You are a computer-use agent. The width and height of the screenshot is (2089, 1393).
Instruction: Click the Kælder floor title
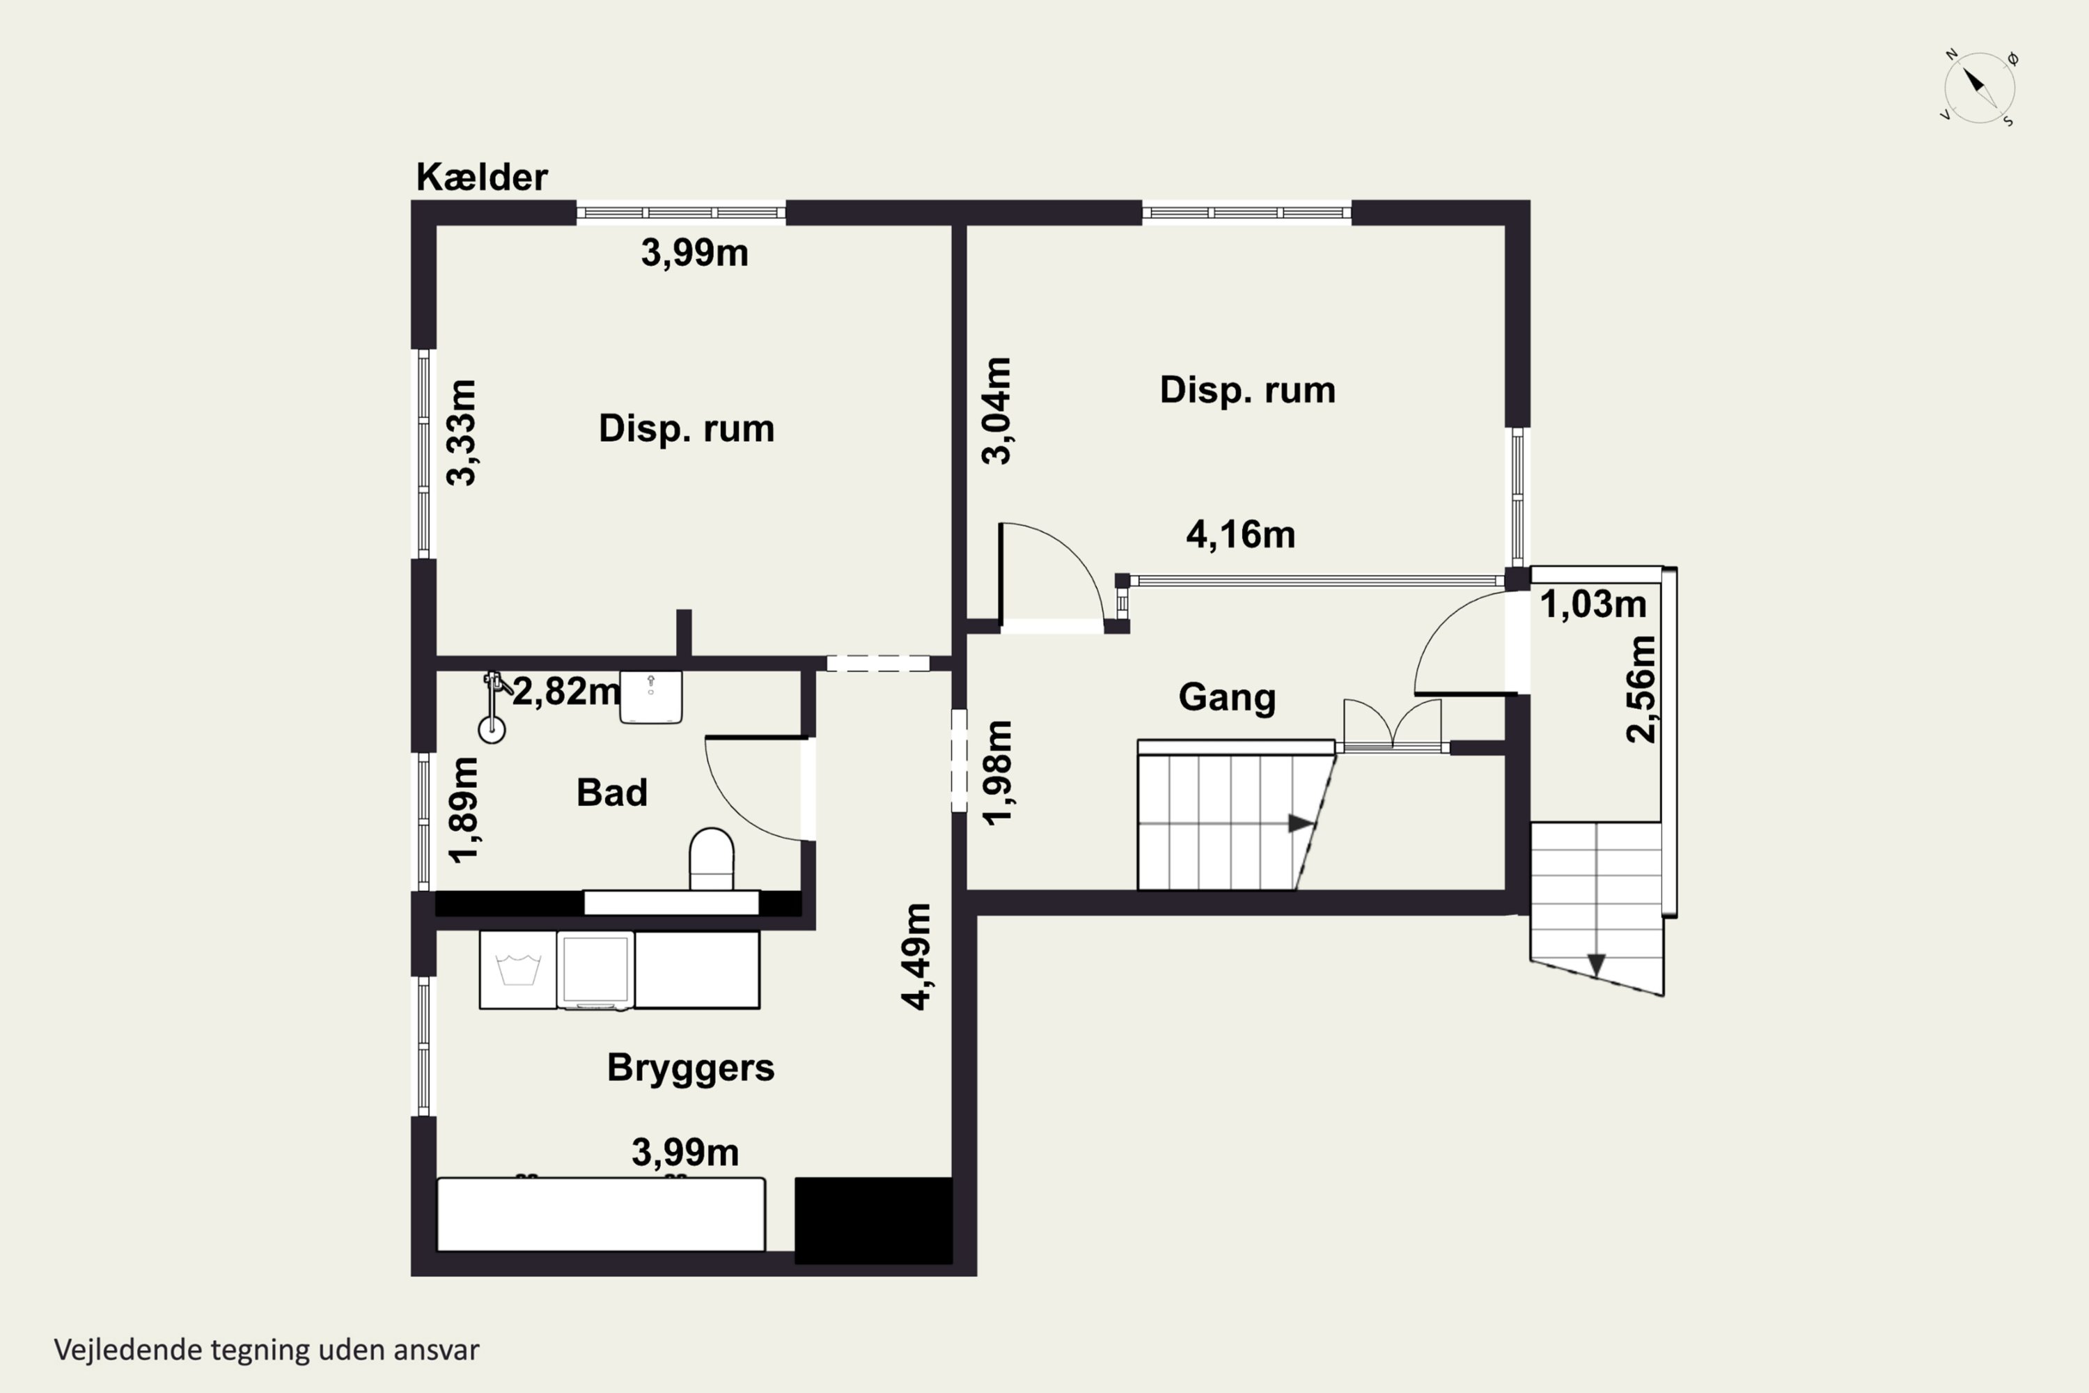pyautogui.click(x=481, y=177)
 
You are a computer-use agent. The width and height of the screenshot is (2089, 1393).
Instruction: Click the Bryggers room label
pyautogui.click(x=690, y=1068)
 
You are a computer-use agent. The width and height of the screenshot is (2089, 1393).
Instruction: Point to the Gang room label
pyautogui.click(x=1226, y=697)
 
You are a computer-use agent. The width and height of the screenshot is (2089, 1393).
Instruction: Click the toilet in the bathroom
pyautogui.click(x=712, y=858)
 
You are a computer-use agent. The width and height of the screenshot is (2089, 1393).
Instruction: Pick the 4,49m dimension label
pyautogui.click(x=916, y=957)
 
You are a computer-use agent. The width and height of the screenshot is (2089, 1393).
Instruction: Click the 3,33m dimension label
pyautogui.click(x=461, y=433)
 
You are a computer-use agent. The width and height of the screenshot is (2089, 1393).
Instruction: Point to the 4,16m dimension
pyautogui.click(x=1241, y=535)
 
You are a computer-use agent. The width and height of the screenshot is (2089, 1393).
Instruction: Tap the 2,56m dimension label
pyautogui.click(x=1641, y=690)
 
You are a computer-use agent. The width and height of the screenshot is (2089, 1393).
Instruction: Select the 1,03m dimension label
pyautogui.click(x=1593, y=604)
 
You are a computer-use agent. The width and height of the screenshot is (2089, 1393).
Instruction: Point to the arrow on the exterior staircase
pyautogui.click(x=1596, y=965)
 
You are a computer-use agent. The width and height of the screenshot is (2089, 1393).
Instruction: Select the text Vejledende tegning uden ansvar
pyautogui.click(x=267, y=1351)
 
